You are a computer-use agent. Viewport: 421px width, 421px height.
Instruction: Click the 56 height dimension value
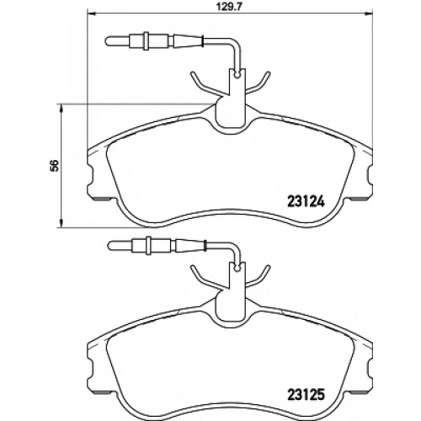(x=55, y=166)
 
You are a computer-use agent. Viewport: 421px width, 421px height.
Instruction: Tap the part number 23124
(x=306, y=201)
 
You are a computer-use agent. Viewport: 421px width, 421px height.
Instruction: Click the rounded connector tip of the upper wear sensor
(x=109, y=41)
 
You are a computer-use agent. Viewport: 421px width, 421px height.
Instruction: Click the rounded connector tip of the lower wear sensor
(x=111, y=245)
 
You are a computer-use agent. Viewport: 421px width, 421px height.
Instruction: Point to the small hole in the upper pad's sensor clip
(x=237, y=75)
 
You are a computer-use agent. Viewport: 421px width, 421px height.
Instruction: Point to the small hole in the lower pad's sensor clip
(x=237, y=269)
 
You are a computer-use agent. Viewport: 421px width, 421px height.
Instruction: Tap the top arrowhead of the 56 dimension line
(x=61, y=109)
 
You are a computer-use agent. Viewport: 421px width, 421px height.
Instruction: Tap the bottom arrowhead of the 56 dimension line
(x=61, y=222)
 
